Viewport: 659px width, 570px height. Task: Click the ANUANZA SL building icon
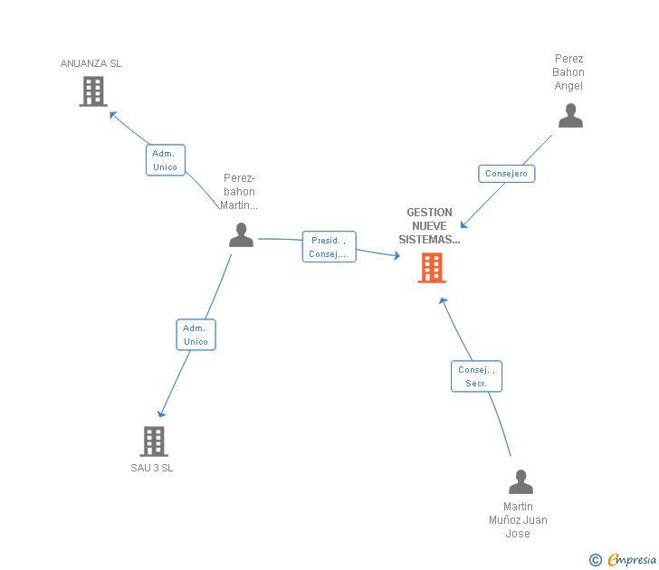pos(93,91)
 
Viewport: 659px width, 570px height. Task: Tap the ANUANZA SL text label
pos(91,63)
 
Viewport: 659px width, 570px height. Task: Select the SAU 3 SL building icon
pos(154,442)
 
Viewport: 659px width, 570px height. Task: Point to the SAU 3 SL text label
pos(152,468)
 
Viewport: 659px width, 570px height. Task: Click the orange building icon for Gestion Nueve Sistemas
pos(432,268)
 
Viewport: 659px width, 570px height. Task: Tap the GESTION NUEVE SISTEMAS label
pos(429,226)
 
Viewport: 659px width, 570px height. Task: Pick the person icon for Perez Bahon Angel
pos(570,116)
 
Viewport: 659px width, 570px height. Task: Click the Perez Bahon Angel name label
pos(569,72)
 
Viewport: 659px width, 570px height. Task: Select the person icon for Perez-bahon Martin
pos(241,235)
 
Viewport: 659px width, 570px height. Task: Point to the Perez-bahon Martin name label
pos(240,191)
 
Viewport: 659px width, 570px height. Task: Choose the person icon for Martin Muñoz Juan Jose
pos(521,482)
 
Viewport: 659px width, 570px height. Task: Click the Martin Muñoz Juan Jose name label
pos(519,520)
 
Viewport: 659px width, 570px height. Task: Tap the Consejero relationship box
pos(506,174)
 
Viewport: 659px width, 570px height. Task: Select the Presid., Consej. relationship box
pos(329,247)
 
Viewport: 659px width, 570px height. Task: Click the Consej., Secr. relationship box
pos(476,376)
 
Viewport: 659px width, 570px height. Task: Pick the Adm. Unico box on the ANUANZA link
pos(166,160)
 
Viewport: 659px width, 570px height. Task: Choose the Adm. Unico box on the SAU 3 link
pos(196,335)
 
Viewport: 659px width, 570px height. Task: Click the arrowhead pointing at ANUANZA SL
pos(112,114)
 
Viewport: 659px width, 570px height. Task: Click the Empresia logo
pos(623,560)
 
